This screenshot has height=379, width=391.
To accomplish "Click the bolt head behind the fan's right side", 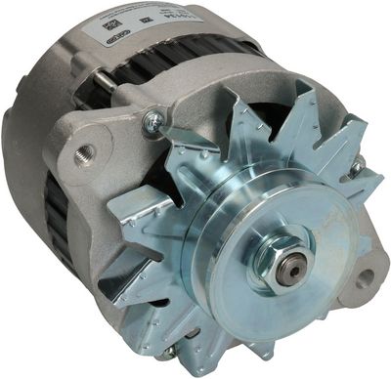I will (357, 168).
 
